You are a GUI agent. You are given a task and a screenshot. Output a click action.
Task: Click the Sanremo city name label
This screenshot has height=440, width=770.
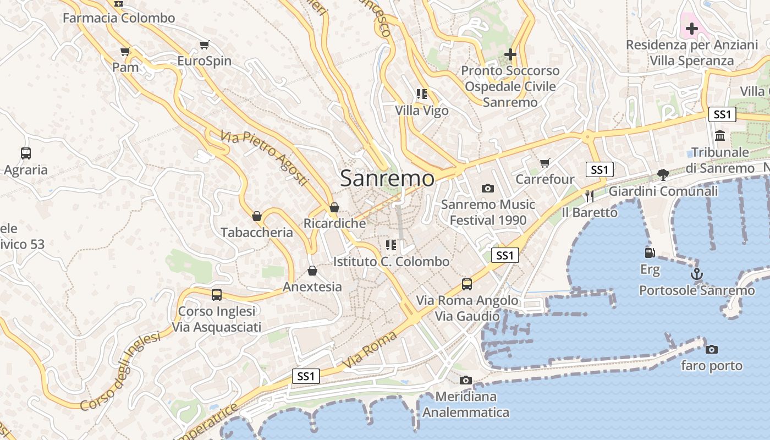(x=387, y=178)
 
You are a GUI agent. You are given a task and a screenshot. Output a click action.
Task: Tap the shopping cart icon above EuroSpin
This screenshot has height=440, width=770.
(x=205, y=45)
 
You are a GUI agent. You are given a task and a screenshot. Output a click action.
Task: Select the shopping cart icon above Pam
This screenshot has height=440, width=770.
(x=125, y=51)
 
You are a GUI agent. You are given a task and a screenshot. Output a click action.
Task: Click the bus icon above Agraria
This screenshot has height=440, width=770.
(x=26, y=153)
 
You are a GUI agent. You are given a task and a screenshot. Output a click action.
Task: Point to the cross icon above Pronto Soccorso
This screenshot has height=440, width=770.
(x=510, y=54)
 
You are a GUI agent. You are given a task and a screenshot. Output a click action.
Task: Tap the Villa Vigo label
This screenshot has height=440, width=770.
(x=422, y=111)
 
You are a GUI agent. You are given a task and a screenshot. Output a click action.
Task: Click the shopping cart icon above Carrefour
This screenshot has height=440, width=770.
(x=544, y=163)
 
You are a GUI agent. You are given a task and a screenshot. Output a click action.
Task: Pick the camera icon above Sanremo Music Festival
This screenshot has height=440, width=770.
(x=487, y=188)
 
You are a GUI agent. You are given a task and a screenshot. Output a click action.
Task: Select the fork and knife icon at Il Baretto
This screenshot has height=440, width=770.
(x=590, y=196)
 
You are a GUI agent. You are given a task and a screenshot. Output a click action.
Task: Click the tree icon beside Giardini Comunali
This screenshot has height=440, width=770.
(x=663, y=175)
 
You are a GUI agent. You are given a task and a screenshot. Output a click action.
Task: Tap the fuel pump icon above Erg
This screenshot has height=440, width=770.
(x=650, y=253)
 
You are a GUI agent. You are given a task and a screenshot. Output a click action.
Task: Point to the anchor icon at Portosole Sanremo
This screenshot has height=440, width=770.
(x=697, y=273)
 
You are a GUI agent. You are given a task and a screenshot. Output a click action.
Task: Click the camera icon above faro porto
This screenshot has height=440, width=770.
(x=712, y=349)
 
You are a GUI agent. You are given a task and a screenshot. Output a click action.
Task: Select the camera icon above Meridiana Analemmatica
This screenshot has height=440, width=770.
(x=466, y=380)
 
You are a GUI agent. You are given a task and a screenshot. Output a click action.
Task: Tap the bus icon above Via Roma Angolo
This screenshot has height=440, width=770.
(x=467, y=284)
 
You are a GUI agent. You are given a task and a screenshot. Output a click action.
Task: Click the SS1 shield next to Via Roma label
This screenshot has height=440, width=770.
(x=306, y=376)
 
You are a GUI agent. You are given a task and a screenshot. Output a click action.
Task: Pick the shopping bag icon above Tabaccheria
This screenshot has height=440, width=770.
(x=256, y=216)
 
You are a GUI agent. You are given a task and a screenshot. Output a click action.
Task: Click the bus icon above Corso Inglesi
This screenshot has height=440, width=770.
(x=217, y=295)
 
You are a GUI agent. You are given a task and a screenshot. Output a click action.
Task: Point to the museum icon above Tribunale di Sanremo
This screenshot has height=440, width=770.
(x=720, y=135)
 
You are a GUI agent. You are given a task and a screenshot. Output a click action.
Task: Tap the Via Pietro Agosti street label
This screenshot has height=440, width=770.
(x=264, y=158)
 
